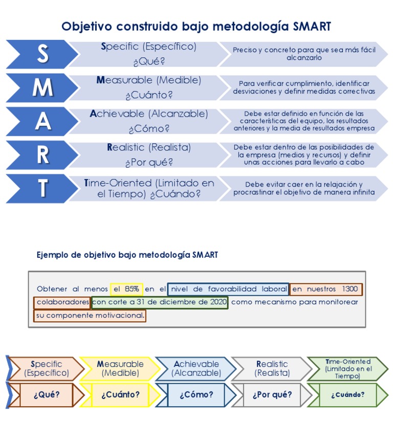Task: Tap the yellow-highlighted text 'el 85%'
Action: pyautogui.click(x=126, y=289)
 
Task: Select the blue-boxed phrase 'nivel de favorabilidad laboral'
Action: pyautogui.click(x=228, y=289)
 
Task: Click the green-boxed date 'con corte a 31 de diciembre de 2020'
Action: pyautogui.click(x=160, y=302)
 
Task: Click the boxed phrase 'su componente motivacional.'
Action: pyautogui.click(x=90, y=316)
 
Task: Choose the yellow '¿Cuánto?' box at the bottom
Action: pyautogui.click(x=120, y=395)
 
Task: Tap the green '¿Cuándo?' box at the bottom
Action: pyautogui.click(x=347, y=395)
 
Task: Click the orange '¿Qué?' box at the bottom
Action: pyautogui.click(x=47, y=395)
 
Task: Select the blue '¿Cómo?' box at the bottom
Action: pyautogui.click(x=196, y=395)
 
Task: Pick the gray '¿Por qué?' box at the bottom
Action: pyautogui.click(x=272, y=395)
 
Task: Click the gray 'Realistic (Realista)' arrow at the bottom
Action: pyautogui.click(x=271, y=369)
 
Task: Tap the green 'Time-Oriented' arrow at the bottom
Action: pyautogui.click(x=347, y=369)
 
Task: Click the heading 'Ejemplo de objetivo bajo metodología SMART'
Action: pyautogui.click(x=127, y=254)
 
